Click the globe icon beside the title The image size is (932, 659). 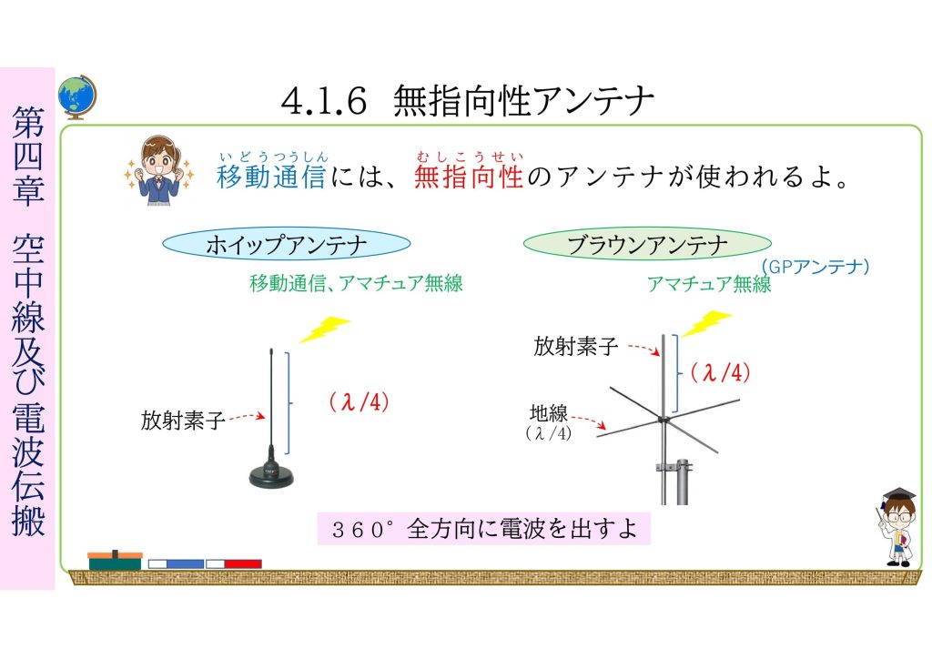tap(77, 96)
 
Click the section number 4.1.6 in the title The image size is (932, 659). tap(323, 100)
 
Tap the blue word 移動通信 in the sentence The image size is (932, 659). tap(271, 177)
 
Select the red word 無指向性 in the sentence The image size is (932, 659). tap(469, 177)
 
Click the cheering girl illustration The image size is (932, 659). tap(158, 171)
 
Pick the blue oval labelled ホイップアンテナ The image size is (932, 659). tap(287, 245)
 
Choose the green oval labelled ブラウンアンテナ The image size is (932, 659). tap(647, 244)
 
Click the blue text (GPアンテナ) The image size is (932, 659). tap(815, 266)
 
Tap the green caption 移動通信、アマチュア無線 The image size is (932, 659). tap(356, 283)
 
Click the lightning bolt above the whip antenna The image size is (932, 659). tap(324, 329)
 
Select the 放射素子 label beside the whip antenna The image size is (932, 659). tap(182, 421)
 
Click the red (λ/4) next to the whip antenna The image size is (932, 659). tap(359, 402)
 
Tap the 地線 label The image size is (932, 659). tap(549, 412)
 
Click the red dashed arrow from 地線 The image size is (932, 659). tap(589, 420)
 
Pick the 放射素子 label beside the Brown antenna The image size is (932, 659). tap(576, 346)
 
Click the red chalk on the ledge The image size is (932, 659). tap(234, 563)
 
